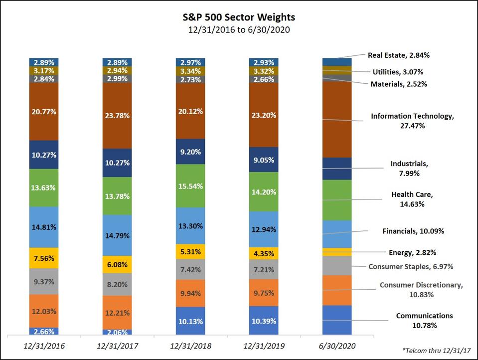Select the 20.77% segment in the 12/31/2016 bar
point(44,111)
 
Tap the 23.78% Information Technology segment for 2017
point(117,115)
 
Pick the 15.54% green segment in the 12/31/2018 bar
point(190,185)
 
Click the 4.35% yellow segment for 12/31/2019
point(264,253)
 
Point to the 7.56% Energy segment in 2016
point(44,258)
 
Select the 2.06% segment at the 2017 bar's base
point(117,332)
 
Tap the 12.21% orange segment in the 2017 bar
point(117,313)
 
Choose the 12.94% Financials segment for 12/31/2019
point(264,229)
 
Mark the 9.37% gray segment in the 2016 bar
point(44,281)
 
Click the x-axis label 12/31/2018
point(190,345)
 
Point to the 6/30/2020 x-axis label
point(337,345)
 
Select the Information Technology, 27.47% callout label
point(412,121)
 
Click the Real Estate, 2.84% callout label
point(399,55)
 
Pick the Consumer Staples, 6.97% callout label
point(411,267)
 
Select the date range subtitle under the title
point(239,30)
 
